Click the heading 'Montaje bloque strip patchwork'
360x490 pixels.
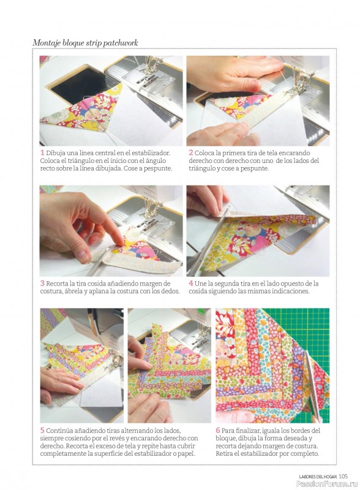85,43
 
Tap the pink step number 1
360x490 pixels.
42,153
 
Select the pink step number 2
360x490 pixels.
190,153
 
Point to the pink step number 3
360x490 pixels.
42,284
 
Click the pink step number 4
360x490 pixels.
190,284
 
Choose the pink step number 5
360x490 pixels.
42,431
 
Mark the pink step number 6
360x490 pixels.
218,431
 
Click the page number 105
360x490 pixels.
343,477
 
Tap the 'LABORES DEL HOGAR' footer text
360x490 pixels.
318,477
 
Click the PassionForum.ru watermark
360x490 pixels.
327,484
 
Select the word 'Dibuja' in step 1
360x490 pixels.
55,153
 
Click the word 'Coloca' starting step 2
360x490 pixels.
204,153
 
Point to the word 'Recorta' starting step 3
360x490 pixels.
57,284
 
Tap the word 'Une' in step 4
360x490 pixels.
200,284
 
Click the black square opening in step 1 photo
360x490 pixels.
79,82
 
